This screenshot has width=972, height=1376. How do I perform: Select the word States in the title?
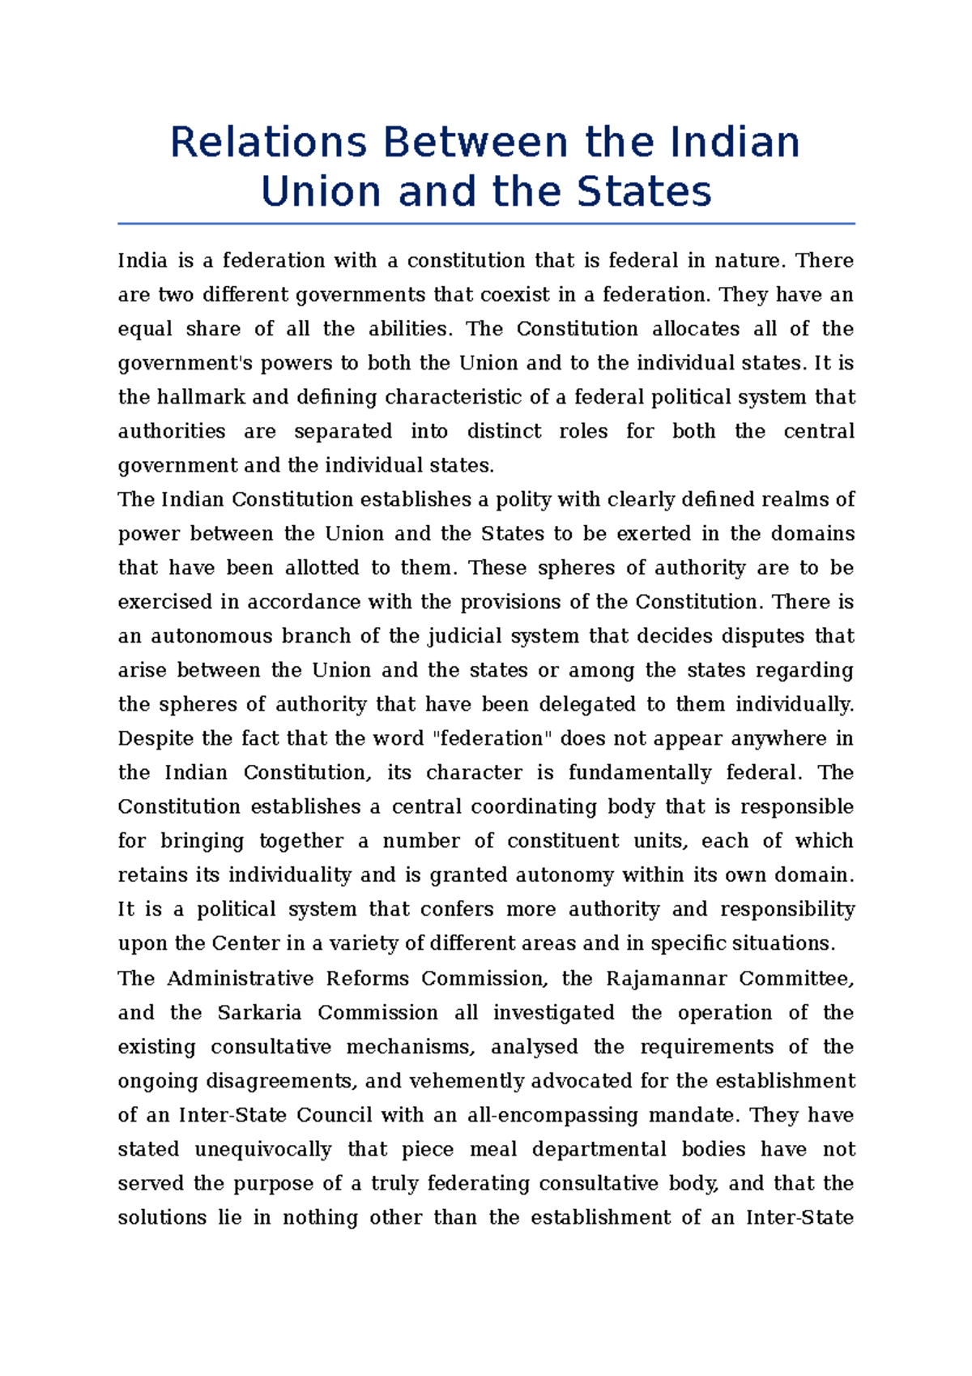(x=644, y=192)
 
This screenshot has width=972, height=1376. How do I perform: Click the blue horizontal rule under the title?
(x=486, y=224)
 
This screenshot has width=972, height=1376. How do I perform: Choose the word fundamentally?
(x=639, y=773)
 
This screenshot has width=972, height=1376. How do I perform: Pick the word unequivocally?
(x=262, y=1150)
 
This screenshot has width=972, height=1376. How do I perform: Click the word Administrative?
(x=240, y=978)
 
